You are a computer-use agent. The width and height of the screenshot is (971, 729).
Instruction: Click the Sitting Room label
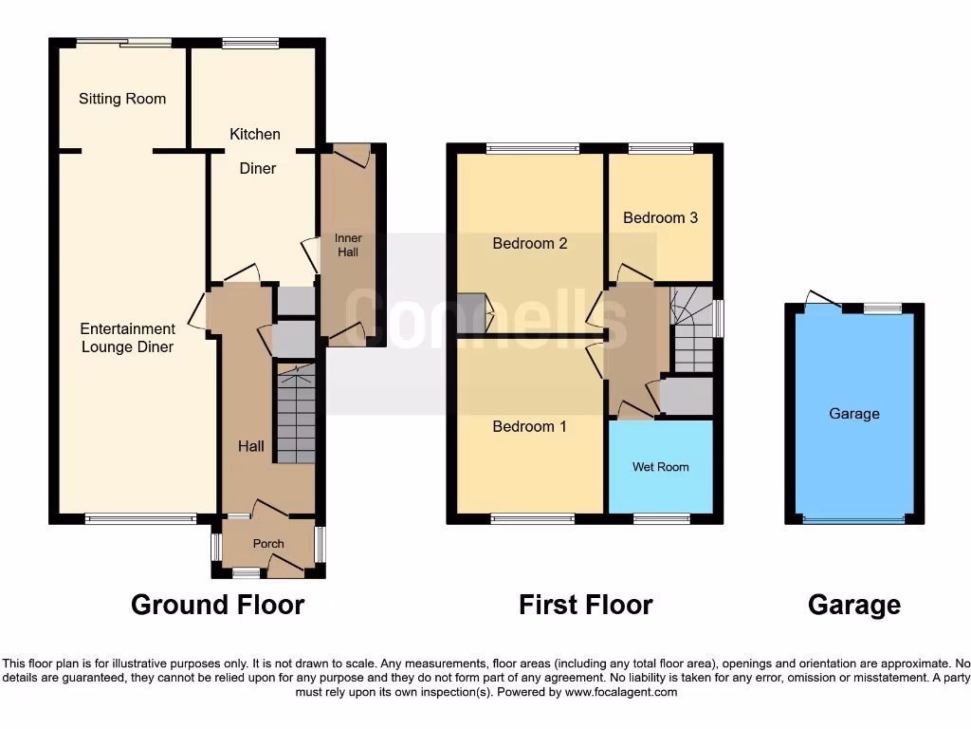point(122,99)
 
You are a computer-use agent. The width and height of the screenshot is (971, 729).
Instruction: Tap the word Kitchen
point(255,134)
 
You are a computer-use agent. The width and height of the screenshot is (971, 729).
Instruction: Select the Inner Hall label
point(348,245)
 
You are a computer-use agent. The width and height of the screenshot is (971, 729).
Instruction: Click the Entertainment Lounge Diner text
point(127,338)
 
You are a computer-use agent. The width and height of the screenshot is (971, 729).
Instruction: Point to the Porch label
point(268,544)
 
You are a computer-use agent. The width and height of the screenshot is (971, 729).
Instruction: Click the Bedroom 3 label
point(660,217)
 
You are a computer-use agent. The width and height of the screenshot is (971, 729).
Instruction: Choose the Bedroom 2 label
point(529,243)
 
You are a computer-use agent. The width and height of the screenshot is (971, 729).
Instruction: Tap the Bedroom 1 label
point(529,426)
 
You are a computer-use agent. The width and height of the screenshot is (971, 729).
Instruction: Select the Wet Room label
point(660,467)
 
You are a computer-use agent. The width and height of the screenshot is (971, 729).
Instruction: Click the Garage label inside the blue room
point(853,414)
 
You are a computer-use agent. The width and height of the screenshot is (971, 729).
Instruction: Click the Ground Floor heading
point(217,605)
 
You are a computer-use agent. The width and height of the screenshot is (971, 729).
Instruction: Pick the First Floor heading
point(585,605)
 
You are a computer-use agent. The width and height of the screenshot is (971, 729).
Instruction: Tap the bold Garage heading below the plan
point(853,605)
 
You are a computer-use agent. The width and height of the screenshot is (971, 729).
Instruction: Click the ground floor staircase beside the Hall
point(295,414)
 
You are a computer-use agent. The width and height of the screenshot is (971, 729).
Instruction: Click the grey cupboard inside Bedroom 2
point(471,312)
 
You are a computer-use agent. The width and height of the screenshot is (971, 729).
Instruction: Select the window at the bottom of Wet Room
point(661,518)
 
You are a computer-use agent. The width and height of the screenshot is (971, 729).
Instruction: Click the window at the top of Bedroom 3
point(660,148)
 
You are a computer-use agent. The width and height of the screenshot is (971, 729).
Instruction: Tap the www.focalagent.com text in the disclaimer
point(620,693)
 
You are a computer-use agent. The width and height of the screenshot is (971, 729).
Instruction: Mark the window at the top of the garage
point(882,308)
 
